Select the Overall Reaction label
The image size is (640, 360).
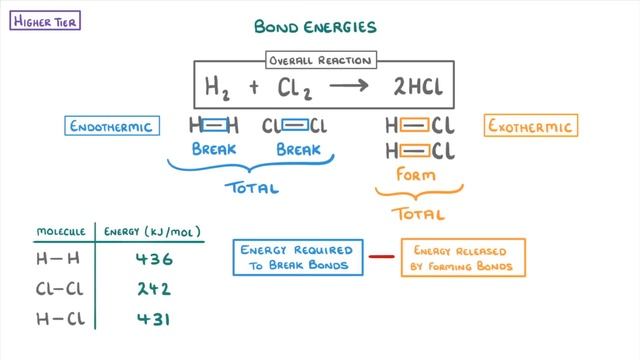(x=320, y=60)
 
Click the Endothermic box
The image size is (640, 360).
(x=110, y=127)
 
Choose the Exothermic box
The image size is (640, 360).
(x=530, y=127)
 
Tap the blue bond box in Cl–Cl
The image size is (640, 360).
(x=295, y=127)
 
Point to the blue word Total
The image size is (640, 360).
(x=254, y=187)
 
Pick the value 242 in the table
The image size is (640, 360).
(x=153, y=290)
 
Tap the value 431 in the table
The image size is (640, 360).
(x=153, y=320)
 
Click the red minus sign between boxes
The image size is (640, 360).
(x=380, y=257)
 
